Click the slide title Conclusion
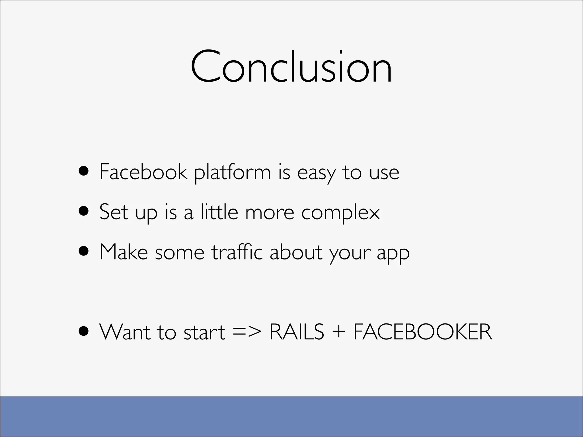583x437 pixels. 291,67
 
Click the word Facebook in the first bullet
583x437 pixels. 143,172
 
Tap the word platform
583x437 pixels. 232,173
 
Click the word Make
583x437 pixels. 124,252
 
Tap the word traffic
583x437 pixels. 237,252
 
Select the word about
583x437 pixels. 296,252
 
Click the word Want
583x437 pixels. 125,332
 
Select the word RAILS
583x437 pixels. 296,332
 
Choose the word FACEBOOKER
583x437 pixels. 423,332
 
